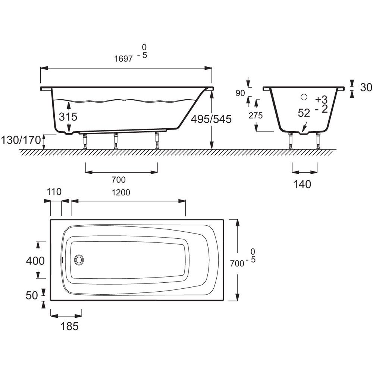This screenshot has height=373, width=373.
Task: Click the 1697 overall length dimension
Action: tap(123, 59)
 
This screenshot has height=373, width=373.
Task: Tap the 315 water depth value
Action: tap(68, 117)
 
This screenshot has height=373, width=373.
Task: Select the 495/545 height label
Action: tap(211, 119)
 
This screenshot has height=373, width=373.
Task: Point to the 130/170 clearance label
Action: tap(21, 140)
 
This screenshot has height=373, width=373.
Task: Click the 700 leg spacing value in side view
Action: tap(119, 180)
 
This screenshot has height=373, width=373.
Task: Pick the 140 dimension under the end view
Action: tap(302, 184)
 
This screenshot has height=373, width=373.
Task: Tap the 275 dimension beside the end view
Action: tap(256, 116)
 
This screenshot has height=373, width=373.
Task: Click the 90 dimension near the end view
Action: tap(240, 93)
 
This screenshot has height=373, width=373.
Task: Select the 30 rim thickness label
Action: tap(366, 87)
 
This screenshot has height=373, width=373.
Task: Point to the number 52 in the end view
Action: tap(304, 113)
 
